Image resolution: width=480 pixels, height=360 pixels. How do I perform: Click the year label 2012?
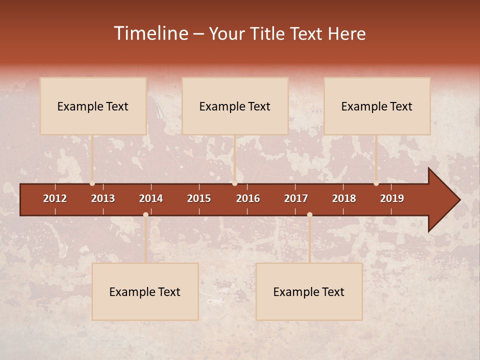pos(55,198)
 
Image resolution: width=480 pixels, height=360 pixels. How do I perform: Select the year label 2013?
pos(103,198)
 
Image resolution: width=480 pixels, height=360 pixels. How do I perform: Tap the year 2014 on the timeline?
pos(151,198)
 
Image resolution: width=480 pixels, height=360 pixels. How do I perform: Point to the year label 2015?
pos(199,198)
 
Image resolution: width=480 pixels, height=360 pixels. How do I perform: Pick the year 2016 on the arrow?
pos(248,198)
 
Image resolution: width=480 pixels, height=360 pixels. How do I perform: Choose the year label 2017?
pos(296,198)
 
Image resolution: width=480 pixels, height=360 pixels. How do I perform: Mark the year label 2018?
pos(344,198)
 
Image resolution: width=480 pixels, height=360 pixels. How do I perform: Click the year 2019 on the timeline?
pos(392,198)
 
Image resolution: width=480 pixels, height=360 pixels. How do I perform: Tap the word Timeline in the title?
pos(151,33)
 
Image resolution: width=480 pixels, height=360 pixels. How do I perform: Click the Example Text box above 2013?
pos(93,106)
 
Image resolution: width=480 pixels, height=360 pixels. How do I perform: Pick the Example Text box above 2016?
pos(235,106)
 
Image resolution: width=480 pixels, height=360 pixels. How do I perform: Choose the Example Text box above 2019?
pos(377,106)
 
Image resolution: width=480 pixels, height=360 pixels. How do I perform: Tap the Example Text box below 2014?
pos(145,291)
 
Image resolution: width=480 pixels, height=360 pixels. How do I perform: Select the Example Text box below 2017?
pos(309,291)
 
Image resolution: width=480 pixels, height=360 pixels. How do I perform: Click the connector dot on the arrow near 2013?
pos(92,183)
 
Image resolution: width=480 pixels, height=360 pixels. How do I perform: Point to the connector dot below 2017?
pos(309,215)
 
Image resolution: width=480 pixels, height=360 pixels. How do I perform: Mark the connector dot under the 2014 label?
pos(145,215)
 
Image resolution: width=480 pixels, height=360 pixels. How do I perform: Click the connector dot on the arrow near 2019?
pos(376,183)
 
